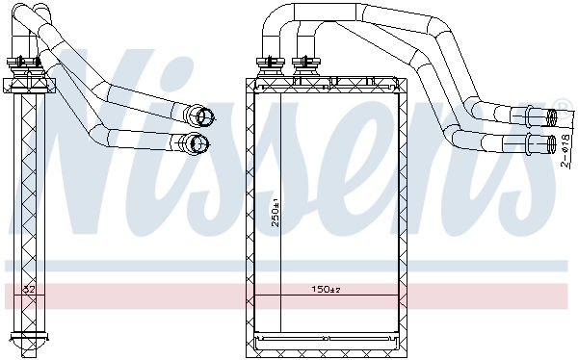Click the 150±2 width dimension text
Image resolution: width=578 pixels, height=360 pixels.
tap(326, 289)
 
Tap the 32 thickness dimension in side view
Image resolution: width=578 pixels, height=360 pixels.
tap(29, 289)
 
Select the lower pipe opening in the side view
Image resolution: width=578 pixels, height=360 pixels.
tap(200, 144)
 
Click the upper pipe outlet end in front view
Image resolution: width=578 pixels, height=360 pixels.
tap(551, 118)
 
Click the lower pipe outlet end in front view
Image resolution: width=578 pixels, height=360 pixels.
tap(551, 145)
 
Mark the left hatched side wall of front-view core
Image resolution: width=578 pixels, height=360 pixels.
tap(256, 212)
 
